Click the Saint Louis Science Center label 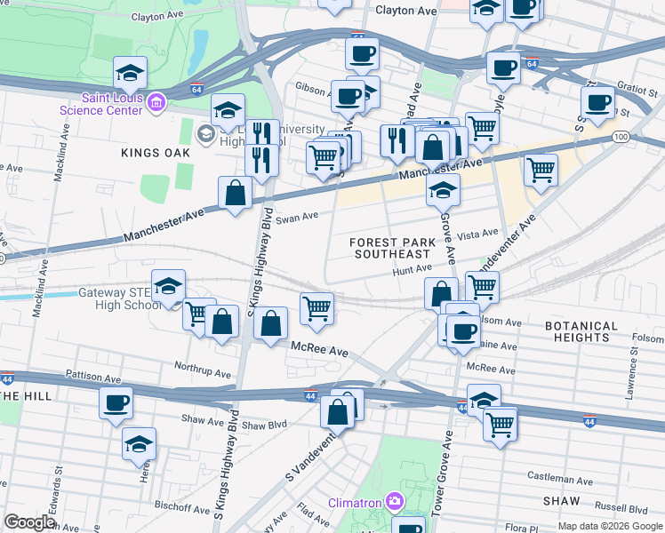point(100,104)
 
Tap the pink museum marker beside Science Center point(156,104)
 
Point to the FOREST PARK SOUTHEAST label point(392,248)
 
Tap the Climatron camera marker point(392,503)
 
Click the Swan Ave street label point(297,217)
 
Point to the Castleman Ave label point(559,477)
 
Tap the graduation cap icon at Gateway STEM point(168,286)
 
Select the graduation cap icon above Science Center point(130,72)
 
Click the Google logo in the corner point(29,522)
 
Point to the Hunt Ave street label point(413,267)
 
